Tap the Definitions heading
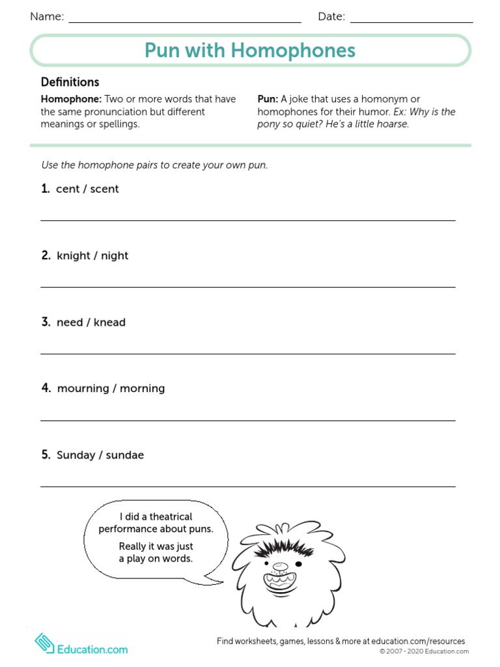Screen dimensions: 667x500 (70, 82)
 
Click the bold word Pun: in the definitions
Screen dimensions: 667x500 (268, 99)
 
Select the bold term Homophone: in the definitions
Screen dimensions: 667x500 (71, 99)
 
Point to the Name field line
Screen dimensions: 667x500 (185, 21)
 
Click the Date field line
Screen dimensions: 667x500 (411, 21)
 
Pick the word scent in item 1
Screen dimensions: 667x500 (105, 189)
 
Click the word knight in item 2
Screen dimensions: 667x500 (74, 255)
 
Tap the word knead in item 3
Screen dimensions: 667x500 (109, 322)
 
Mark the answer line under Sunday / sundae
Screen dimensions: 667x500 (248, 487)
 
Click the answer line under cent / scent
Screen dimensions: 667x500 (248, 221)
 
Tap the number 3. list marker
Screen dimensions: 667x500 (46, 322)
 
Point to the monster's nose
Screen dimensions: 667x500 (279, 565)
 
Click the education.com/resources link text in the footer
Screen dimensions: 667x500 (418, 642)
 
